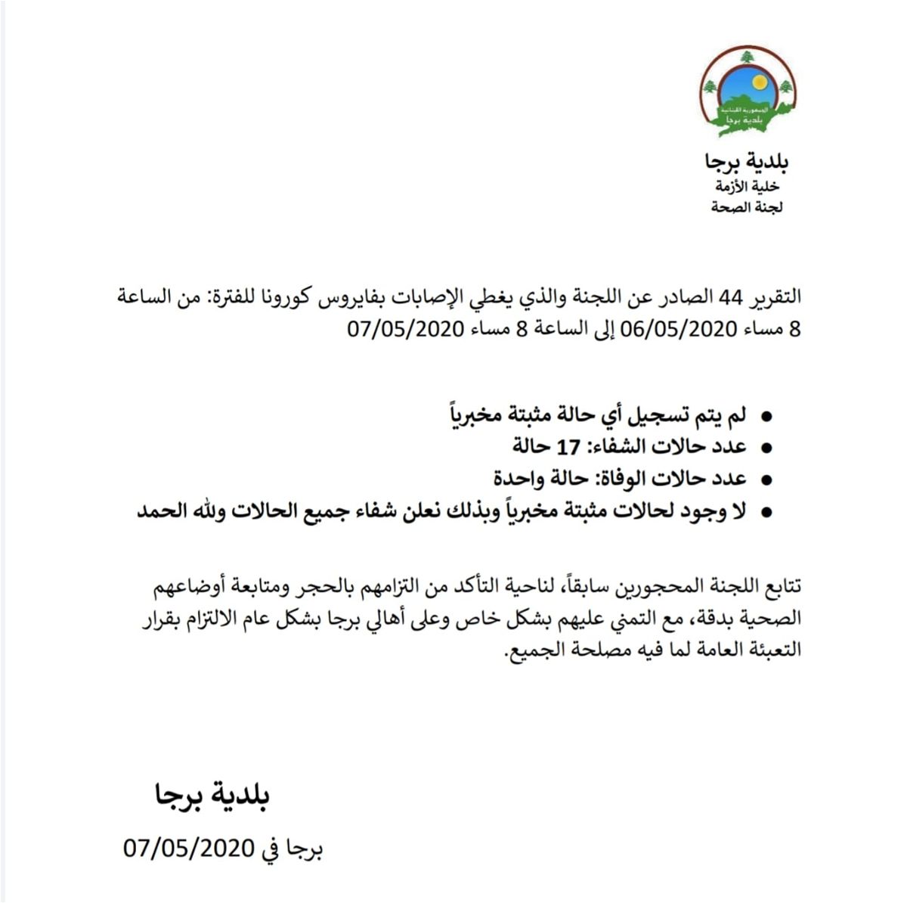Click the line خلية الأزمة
point(746,186)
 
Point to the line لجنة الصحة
point(747,207)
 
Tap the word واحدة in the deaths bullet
point(522,479)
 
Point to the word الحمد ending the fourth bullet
point(163,511)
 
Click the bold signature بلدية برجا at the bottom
point(212,796)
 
